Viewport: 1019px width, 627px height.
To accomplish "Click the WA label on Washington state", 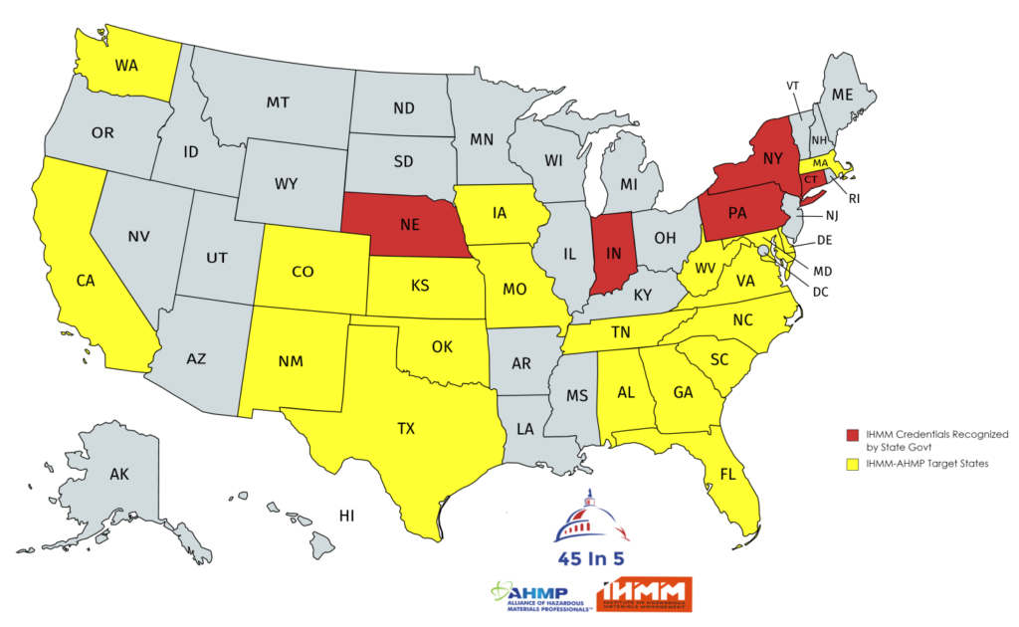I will coord(126,67).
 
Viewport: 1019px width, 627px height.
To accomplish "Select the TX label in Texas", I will coord(406,429).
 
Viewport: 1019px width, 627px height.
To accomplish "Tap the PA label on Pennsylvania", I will coord(737,212).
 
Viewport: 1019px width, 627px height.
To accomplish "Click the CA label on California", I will coord(86,282).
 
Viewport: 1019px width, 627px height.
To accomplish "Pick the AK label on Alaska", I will coord(119,475).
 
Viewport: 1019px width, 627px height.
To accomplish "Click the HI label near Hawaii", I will coord(347,516).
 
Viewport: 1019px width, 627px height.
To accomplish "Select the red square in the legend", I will coord(851,435).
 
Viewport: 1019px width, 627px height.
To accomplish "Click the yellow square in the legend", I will coord(851,464).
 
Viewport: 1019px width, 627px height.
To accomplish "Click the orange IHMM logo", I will coord(644,594).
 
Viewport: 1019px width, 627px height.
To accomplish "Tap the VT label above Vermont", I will coord(793,86).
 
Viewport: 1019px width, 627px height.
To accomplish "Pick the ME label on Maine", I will coord(843,96).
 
